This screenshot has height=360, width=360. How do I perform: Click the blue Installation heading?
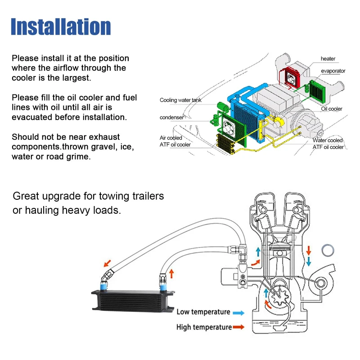point(61,27)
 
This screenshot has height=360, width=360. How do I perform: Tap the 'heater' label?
point(328,59)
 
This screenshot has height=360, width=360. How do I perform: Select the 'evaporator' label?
point(333,71)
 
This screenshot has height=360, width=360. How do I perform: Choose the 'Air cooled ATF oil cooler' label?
point(175,141)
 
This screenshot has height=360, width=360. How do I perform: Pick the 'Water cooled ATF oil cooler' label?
point(328,144)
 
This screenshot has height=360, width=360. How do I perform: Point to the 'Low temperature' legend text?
point(203,312)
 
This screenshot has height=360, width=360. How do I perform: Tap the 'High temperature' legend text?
point(204,327)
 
